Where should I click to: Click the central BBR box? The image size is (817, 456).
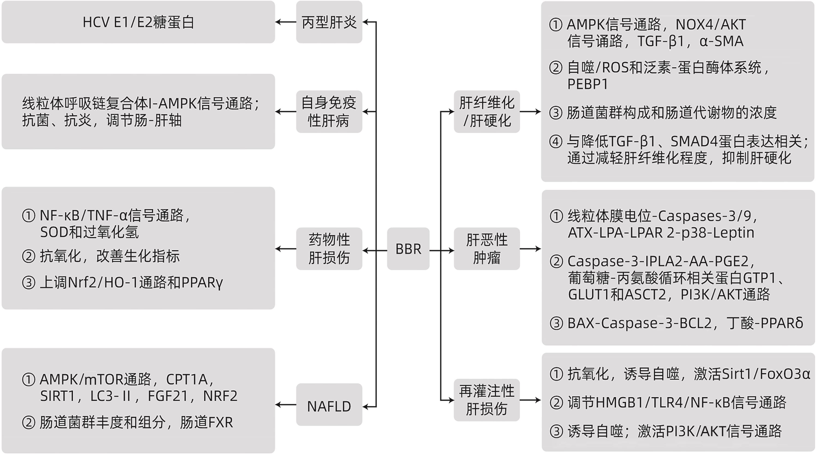tap(408, 249)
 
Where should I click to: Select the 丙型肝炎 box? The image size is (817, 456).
tap(329, 22)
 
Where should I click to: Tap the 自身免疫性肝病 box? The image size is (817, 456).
tap(329, 111)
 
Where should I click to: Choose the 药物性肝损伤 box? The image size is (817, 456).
tap(329, 249)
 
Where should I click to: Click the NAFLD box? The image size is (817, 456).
tap(329, 406)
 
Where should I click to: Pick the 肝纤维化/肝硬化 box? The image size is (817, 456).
tap(487, 111)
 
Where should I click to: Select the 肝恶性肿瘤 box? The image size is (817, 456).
tap(487, 249)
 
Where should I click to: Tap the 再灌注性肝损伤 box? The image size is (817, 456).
tap(487, 400)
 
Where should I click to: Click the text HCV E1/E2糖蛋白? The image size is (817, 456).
tap(138, 22)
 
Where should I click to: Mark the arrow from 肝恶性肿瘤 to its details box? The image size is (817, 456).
tap(530, 249)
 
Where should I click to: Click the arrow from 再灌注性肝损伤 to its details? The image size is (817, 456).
tap(530, 400)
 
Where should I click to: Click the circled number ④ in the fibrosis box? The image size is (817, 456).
tap(556, 142)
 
